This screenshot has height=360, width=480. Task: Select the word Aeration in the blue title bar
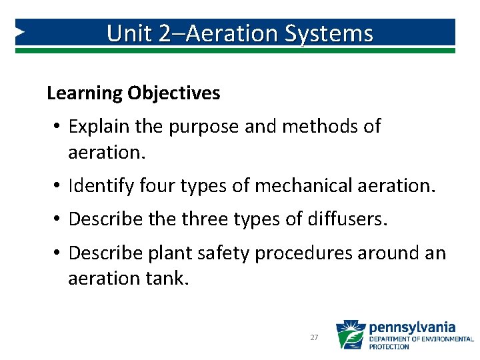click(x=224, y=33)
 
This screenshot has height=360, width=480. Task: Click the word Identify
click(x=101, y=186)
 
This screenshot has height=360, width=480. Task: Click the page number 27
click(x=314, y=338)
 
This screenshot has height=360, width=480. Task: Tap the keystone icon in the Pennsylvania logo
click(x=350, y=335)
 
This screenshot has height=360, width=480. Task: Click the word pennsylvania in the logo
click(x=412, y=327)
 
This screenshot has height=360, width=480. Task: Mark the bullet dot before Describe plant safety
click(x=58, y=253)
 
